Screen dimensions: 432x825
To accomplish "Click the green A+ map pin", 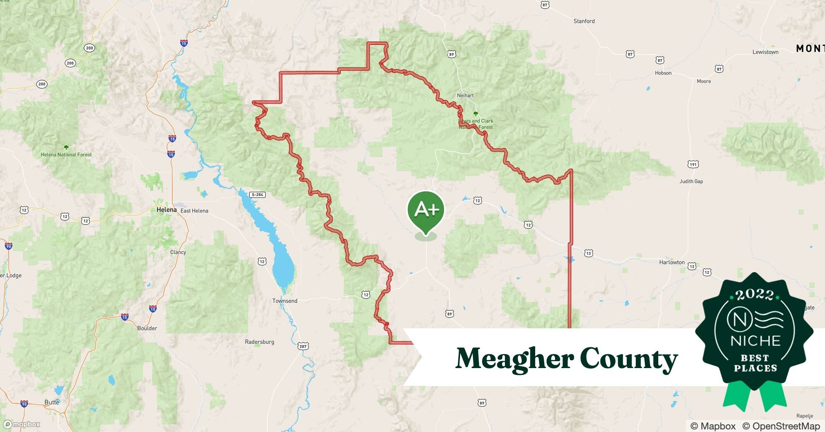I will coord(426,210).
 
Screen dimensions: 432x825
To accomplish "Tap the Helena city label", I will coord(166,210).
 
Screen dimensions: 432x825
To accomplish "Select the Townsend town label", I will coord(285,301).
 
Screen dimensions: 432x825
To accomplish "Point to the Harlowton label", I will coord(672,262).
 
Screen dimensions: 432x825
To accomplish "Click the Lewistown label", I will coord(765,52).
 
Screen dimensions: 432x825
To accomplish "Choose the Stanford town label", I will coord(584,21).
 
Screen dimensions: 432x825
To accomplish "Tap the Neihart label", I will coord(465,95).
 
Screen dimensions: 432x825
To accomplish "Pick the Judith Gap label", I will coord(691,181).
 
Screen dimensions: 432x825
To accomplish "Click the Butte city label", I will coord(52,402).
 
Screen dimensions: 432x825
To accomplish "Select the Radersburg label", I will coord(260,342).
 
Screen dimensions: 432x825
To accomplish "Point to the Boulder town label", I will coord(147,328).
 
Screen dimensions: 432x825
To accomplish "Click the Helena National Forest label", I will coord(66,154).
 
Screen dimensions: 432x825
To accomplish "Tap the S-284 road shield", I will coord(257,195).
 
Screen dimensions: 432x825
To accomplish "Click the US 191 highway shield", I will coord(693,164).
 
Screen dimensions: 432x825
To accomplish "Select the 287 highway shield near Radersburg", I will coord(303,346).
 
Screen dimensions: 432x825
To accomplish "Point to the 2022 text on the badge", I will coord(755,295).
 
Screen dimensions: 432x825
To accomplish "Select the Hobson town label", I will coord(663,73).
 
